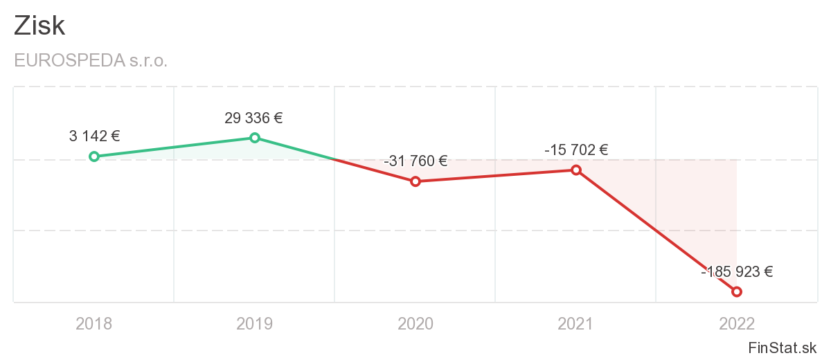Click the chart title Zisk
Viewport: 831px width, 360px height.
coord(39,26)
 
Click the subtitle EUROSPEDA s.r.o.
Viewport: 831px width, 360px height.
coord(91,61)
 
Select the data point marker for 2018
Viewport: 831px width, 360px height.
coord(94,156)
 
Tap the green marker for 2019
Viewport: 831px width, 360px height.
coord(255,138)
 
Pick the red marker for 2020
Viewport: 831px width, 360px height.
coord(415,181)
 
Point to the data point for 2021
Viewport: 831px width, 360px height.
coord(576,170)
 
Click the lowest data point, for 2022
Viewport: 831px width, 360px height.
coord(737,291)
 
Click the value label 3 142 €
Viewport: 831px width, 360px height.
coord(94,136)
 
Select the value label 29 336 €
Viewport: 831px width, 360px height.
coord(253,118)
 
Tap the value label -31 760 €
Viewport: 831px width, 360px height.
coord(415,161)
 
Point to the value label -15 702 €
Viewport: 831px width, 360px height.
coord(576,150)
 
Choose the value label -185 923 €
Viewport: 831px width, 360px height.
coord(737,272)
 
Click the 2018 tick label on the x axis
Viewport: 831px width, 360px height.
coord(94,323)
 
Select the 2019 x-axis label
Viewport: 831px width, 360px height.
coord(255,323)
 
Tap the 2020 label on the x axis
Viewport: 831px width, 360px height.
coord(415,323)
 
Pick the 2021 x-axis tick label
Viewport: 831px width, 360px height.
coord(576,323)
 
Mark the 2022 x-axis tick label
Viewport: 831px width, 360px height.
coord(737,323)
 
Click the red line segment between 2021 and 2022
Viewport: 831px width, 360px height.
coord(656,231)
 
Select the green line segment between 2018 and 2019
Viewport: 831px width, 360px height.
coord(175,147)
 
